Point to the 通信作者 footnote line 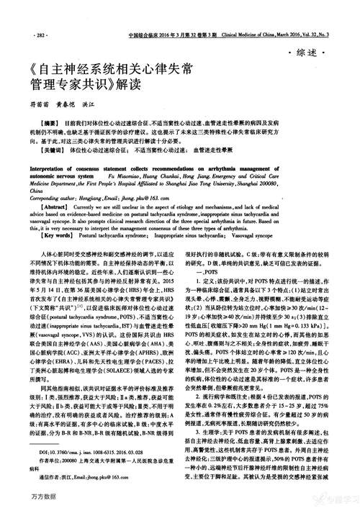pos(79,476)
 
